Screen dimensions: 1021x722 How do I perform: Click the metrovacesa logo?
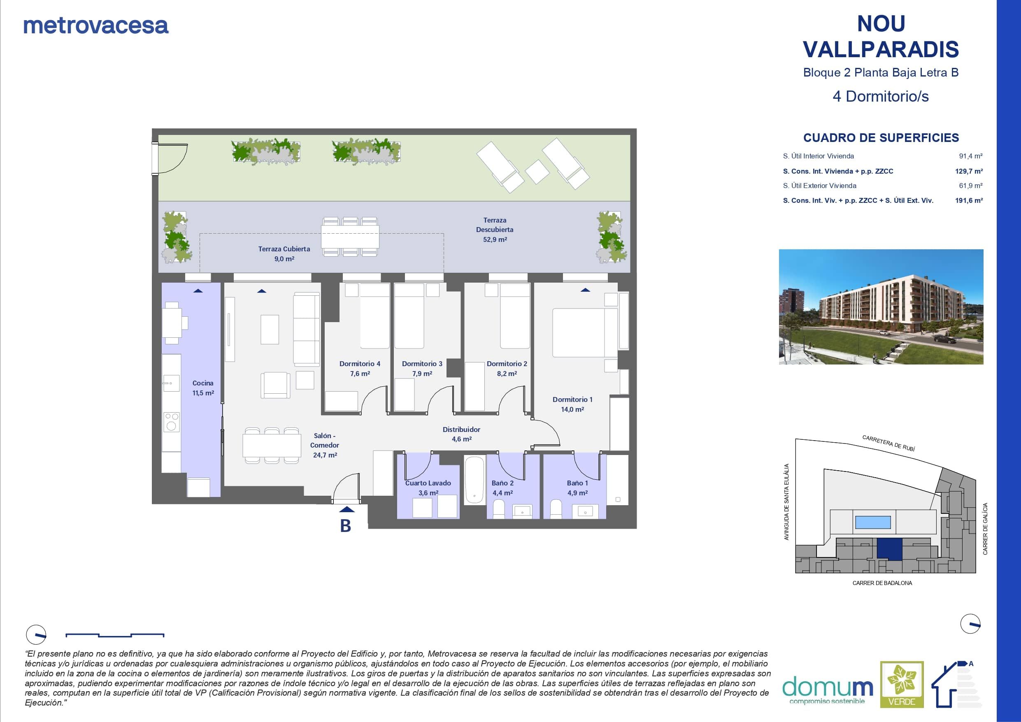(96, 26)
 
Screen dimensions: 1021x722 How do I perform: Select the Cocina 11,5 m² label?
(203, 388)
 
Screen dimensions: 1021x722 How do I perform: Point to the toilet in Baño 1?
(556, 509)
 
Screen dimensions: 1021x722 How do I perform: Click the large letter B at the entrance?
(346, 526)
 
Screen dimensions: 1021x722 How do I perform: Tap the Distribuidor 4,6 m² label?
(462, 434)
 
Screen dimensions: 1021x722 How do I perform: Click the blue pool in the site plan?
(873, 522)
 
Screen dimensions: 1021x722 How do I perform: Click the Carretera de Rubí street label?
(888, 443)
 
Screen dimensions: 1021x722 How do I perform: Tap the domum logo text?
(828, 687)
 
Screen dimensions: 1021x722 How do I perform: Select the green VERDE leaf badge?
(902, 684)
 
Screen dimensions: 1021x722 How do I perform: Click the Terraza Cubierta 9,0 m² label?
(284, 254)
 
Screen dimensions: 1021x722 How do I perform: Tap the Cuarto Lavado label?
(428, 483)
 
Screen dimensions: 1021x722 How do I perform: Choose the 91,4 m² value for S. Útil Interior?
(971, 156)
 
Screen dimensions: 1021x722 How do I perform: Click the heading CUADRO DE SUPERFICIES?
(881, 138)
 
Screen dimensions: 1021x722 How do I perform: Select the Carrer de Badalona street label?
(882, 583)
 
